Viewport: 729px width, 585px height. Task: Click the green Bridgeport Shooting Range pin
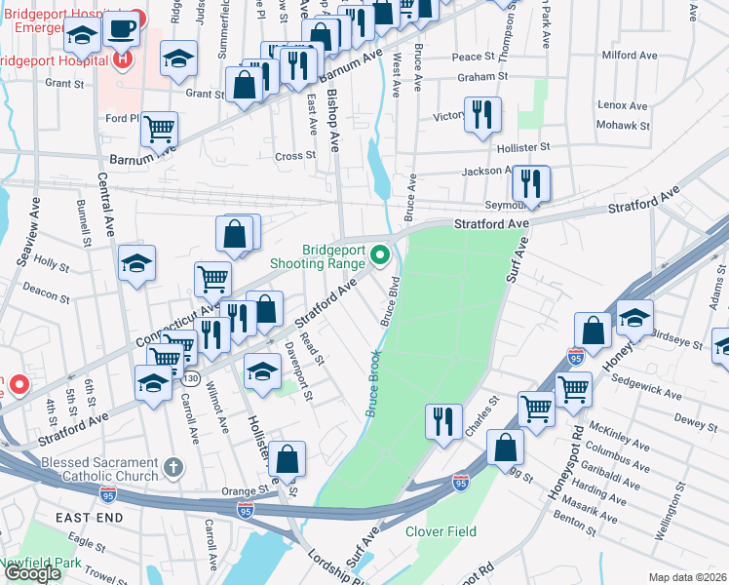tap(381, 256)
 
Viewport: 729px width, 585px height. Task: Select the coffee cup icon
tap(122, 29)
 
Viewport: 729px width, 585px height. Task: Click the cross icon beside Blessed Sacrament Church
tap(173, 468)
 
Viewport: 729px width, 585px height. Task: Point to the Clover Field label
tap(441, 531)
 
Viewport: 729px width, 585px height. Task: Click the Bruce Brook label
tap(372, 384)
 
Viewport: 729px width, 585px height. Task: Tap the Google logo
tap(32, 573)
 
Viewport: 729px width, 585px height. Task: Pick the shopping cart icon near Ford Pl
tap(159, 128)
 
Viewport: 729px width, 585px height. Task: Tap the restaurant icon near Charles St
tap(443, 420)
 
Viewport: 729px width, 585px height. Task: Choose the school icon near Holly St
tap(137, 262)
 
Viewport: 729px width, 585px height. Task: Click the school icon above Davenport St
tap(261, 370)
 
